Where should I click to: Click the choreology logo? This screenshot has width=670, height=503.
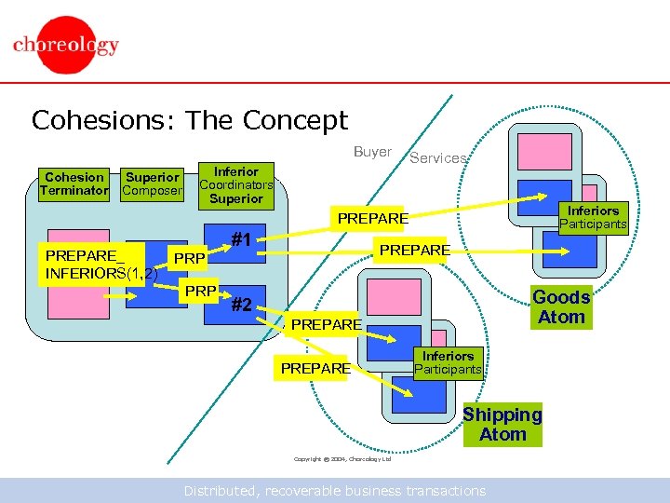tap(66, 46)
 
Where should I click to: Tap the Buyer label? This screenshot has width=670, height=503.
tap(372, 152)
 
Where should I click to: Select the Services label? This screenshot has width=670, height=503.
tap(438, 158)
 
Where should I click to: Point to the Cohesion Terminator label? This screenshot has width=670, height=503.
tap(74, 184)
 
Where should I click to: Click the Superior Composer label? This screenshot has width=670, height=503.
tap(152, 184)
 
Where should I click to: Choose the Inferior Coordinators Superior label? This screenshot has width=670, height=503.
tap(236, 184)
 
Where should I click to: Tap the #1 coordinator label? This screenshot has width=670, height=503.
tap(243, 238)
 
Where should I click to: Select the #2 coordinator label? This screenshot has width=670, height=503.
tap(242, 304)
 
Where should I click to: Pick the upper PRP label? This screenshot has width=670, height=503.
tap(190, 257)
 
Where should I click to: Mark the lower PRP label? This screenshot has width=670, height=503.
tap(199, 292)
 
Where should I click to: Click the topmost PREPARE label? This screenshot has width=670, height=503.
tap(372, 218)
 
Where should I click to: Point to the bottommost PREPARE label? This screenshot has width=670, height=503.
tap(315, 369)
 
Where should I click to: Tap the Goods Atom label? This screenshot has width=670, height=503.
tap(561, 306)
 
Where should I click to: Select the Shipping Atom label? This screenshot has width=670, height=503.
tap(502, 425)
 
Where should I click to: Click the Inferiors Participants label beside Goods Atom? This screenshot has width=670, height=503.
tap(593, 217)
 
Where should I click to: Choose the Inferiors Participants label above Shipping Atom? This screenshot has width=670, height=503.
tap(448, 362)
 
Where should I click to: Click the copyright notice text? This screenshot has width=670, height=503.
tap(342, 459)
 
